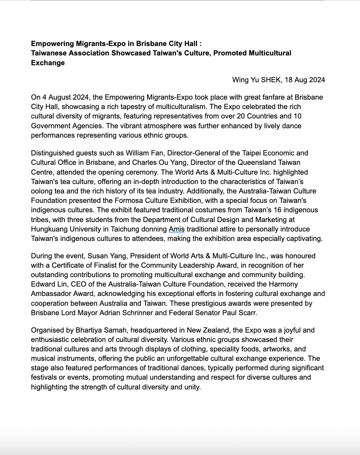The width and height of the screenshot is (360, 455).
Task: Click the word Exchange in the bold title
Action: coord(48,63)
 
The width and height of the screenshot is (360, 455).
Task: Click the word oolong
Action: coord(42,191)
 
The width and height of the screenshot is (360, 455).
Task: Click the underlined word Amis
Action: coord(177,229)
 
